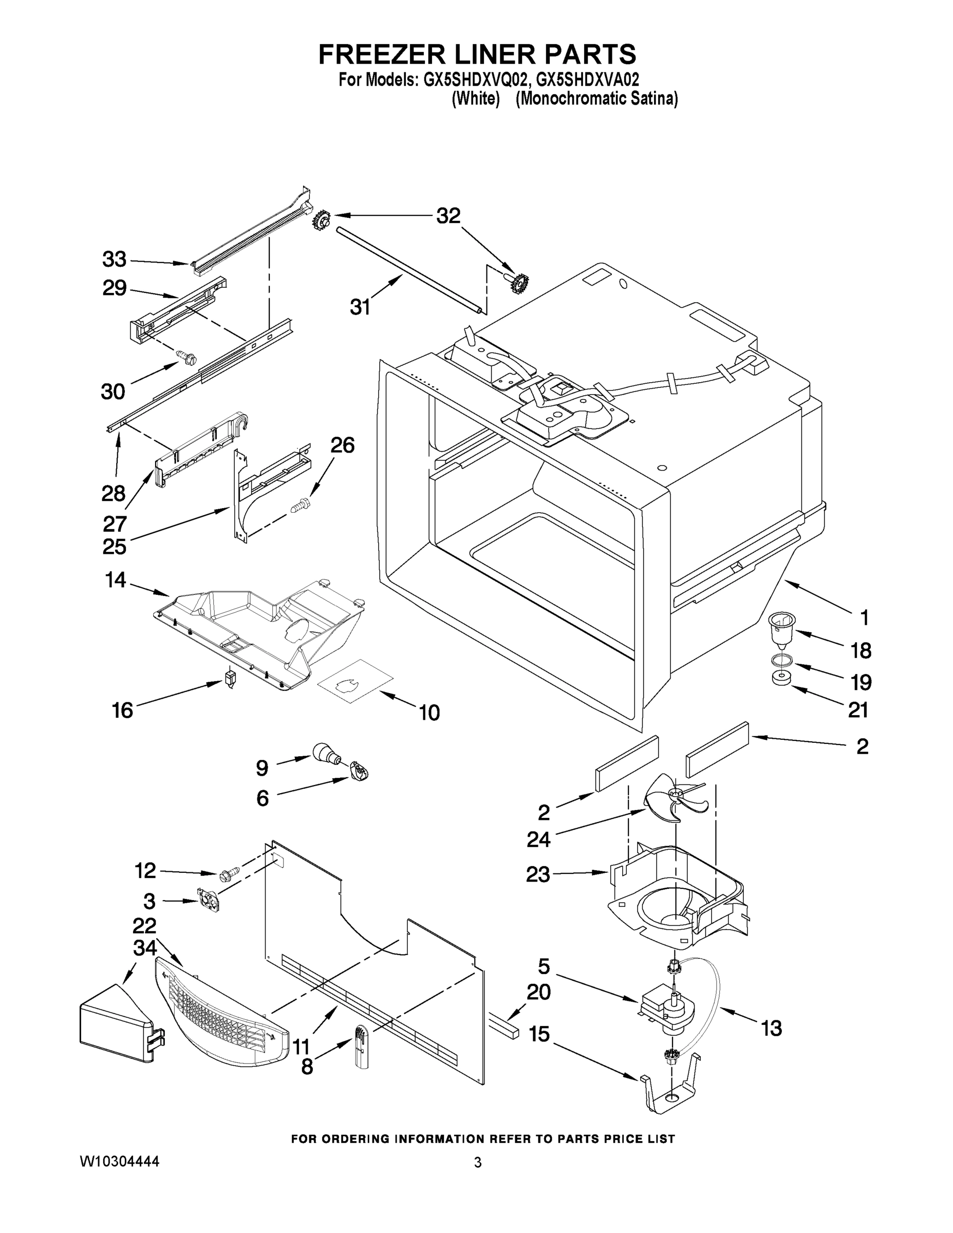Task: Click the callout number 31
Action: (x=360, y=307)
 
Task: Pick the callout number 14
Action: (x=115, y=580)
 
